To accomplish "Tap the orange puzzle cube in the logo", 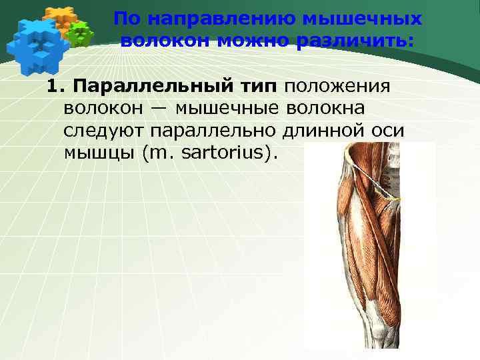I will pyautogui.click(x=59, y=18).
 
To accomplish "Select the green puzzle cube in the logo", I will pyautogui.click(x=81, y=34).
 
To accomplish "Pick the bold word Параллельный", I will pyautogui.click(x=153, y=86).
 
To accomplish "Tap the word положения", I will pyautogui.click(x=338, y=86).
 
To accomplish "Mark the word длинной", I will pyautogui.click(x=323, y=130).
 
